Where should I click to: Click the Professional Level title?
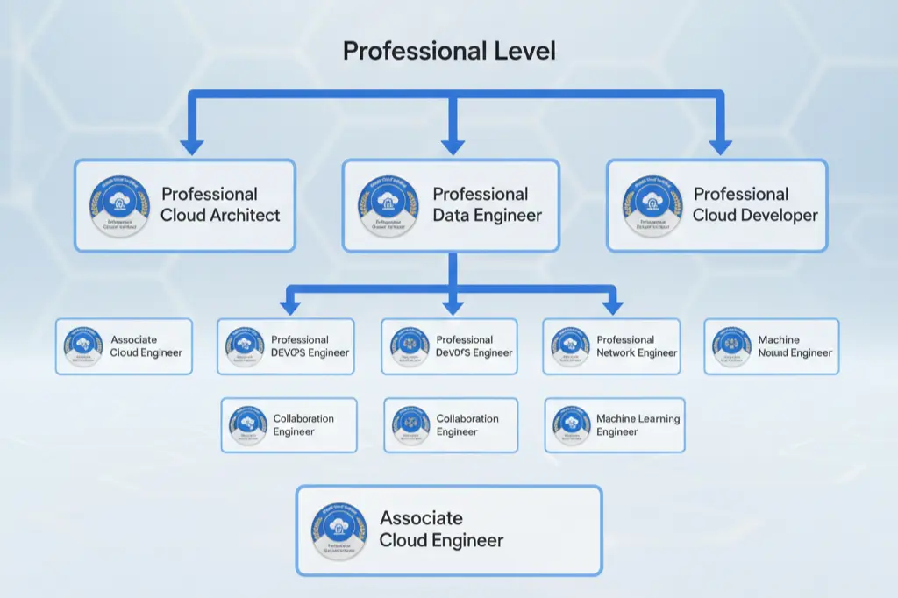448,51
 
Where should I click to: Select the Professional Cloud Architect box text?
220,204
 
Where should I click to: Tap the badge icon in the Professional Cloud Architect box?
117,204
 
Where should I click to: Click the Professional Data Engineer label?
487,204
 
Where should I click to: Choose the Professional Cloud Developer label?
754,204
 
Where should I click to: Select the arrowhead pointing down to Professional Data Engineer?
452,145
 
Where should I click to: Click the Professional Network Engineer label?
637,346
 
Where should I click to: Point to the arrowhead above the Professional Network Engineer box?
613,306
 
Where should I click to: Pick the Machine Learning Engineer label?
638,425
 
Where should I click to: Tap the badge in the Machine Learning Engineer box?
572,425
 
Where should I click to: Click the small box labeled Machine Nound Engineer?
772,346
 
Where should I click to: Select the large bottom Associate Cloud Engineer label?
441,530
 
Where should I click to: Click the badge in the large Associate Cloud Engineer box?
339,530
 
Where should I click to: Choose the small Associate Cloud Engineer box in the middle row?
124,346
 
